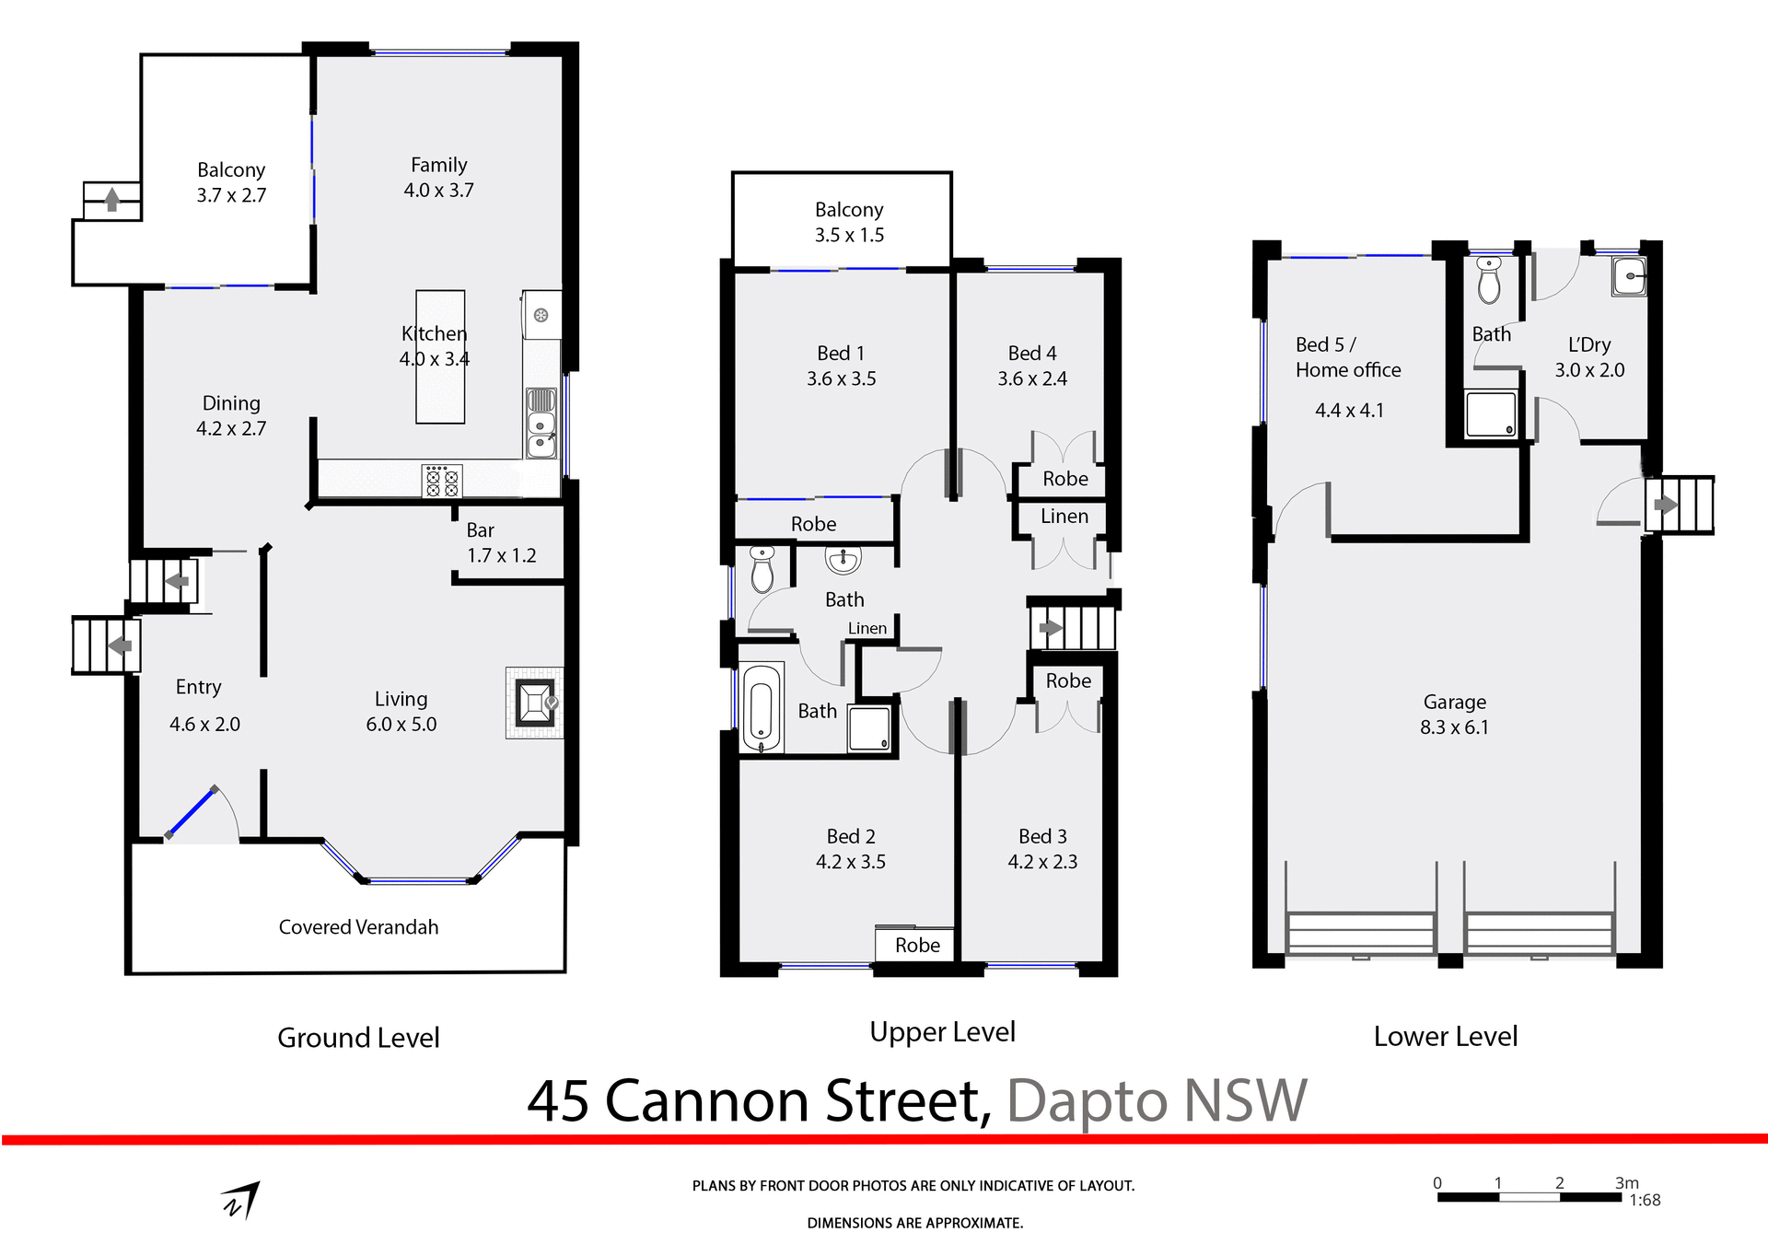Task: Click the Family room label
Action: point(438,177)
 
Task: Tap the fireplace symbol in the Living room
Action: point(535,703)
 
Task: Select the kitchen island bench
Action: point(440,387)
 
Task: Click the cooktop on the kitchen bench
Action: point(442,481)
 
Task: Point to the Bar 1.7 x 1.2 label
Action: point(501,542)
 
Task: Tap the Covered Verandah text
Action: point(358,927)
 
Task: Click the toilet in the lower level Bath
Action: point(1489,281)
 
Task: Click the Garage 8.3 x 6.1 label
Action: point(1454,715)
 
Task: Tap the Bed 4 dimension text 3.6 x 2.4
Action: point(1032,378)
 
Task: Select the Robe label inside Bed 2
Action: point(917,946)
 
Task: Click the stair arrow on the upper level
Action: point(1051,629)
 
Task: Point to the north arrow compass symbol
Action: point(241,1201)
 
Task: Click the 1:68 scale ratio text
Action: point(1645,1200)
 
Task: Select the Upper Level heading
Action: point(942,1032)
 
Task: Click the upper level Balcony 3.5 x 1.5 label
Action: point(849,222)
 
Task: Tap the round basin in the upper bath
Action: point(843,559)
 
